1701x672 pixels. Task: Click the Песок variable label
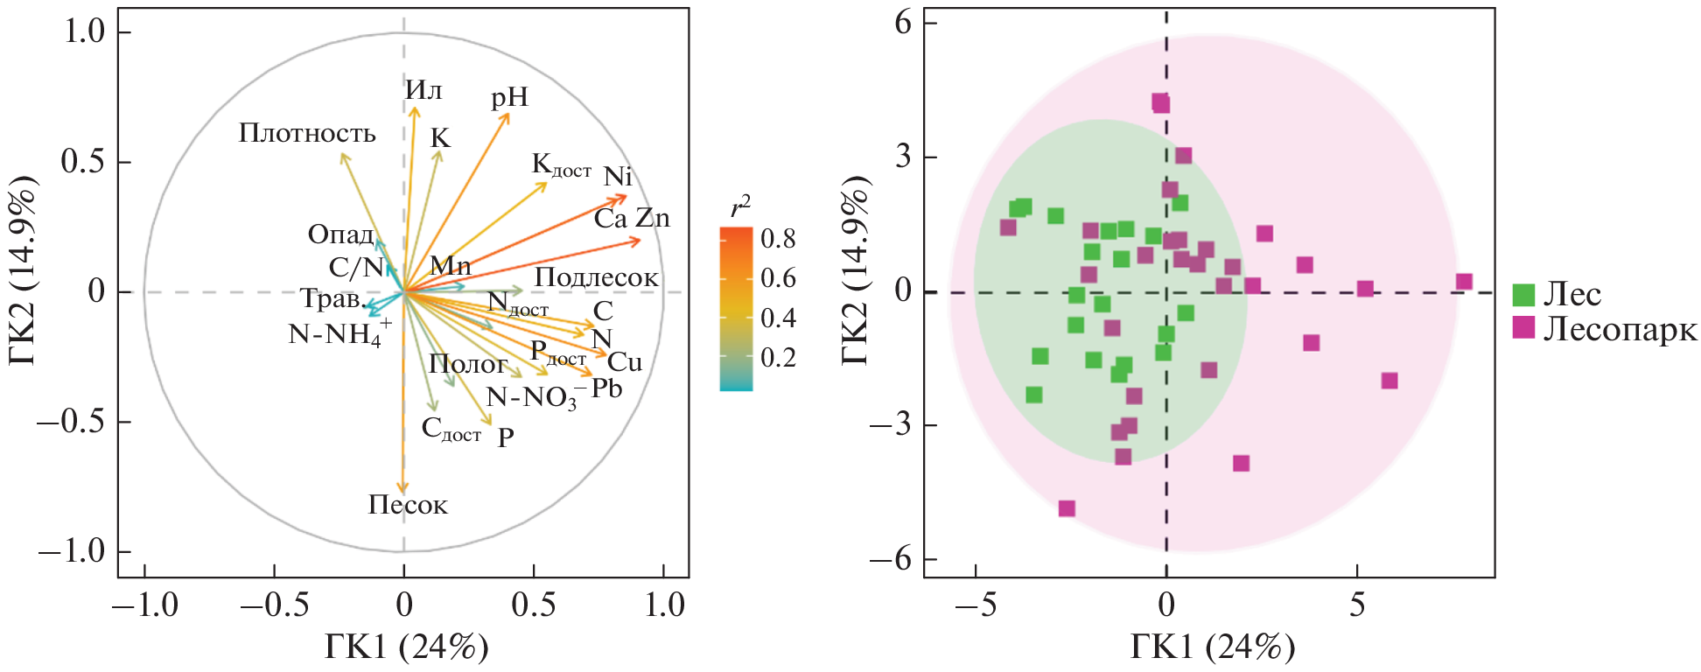coord(408,505)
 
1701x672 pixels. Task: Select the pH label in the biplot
coord(509,96)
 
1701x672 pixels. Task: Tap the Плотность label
coord(307,133)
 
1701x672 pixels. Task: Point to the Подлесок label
coord(596,277)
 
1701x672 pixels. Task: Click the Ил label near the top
coord(423,90)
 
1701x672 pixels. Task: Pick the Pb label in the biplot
coord(606,388)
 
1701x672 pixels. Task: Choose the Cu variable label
coord(625,362)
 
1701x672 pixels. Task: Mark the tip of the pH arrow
coord(508,114)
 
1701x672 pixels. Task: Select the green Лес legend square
coord(1523,295)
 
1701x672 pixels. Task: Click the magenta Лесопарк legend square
coord(1523,328)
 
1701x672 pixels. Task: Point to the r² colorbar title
coord(740,206)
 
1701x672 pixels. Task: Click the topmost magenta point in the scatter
coord(1160,103)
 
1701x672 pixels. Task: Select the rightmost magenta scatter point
coord(1464,282)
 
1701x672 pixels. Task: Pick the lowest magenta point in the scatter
coord(1067,508)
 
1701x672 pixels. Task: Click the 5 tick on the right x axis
coord(1357,605)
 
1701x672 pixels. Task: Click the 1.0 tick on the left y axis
coord(84,32)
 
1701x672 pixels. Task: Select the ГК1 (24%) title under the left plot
coord(406,648)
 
